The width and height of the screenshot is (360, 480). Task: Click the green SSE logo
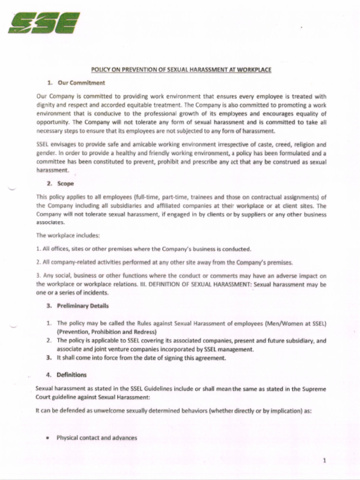pyautogui.click(x=44, y=23)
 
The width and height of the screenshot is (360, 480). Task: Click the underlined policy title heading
pyautogui.click(x=181, y=70)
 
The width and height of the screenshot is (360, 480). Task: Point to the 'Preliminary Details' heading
pyautogui.click(x=82, y=306)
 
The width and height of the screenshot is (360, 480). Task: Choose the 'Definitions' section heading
pyautogui.click(x=71, y=375)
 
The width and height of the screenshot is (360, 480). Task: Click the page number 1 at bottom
pyautogui.click(x=324, y=460)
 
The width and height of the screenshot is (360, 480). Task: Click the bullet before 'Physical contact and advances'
pyautogui.click(x=48, y=438)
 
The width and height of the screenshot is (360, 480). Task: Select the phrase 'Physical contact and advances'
pyautogui.click(x=97, y=438)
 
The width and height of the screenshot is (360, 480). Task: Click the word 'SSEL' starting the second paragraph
pyautogui.click(x=43, y=145)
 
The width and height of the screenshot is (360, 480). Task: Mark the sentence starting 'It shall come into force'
pyautogui.click(x=141, y=358)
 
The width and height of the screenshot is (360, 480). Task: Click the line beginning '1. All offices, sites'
pyautogui.click(x=143, y=249)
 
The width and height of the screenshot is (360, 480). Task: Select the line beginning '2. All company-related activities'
pyautogui.click(x=164, y=262)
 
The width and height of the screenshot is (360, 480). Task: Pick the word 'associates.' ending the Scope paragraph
pyautogui.click(x=50, y=223)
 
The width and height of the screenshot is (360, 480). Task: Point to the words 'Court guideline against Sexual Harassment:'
pyautogui.click(x=92, y=397)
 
